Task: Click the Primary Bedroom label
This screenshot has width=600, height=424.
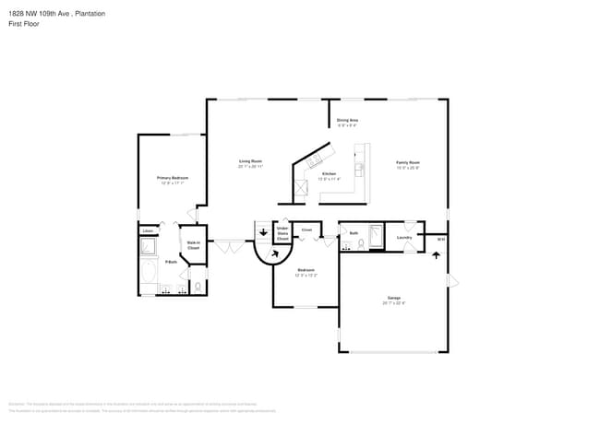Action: click(x=173, y=177)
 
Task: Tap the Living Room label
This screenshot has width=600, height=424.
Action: click(x=251, y=161)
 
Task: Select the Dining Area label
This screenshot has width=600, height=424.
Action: click(x=347, y=121)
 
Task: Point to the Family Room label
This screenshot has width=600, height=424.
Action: click(x=408, y=162)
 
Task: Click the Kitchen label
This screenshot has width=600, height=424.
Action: click(x=329, y=173)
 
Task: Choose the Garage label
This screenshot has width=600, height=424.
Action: click(x=394, y=299)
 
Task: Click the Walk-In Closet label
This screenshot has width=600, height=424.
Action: click(x=194, y=245)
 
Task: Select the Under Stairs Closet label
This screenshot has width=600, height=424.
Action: click(x=282, y=234)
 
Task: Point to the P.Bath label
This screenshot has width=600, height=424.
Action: click(x=171, y=263)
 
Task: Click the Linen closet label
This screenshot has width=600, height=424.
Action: click(x=147, y=230)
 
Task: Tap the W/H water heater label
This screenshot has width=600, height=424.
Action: click(x=441, y=240)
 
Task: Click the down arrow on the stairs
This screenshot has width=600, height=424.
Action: click(x=262, y=232)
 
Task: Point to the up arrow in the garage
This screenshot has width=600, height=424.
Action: click(x=436, y=255)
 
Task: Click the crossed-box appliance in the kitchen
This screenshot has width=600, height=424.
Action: click(x=300, y=190)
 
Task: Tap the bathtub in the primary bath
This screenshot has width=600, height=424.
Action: click(x=149, y=272)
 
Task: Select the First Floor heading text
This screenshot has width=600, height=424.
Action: click(x=22, y=25)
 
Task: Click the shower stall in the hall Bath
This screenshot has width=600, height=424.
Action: click(x=375, y=236)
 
